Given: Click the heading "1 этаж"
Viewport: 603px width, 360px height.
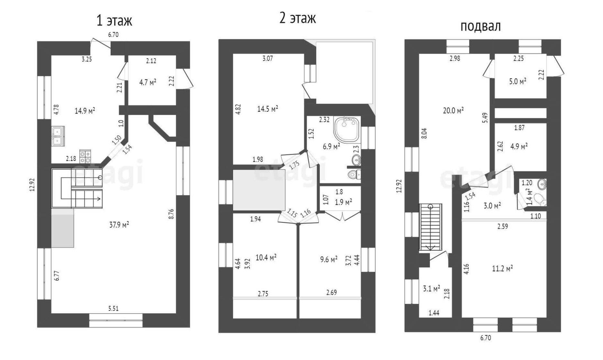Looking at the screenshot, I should tap(114, 20).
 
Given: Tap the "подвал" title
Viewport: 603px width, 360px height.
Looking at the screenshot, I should tap(480, 26).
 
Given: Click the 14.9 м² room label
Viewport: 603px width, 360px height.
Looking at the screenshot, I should tap(84, 111).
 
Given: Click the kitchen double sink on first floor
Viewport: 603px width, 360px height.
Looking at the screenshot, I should tap(58, 136).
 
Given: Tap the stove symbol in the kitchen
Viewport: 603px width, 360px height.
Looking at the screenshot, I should tap(85, 156).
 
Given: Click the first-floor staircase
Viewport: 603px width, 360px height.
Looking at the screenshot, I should tap(77, 188).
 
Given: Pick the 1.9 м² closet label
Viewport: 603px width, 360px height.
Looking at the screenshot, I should tap(343, 202).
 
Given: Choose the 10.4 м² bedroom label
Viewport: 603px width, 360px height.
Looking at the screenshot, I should tap(266, 257).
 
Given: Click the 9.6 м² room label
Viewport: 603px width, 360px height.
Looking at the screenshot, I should tap(329, 259).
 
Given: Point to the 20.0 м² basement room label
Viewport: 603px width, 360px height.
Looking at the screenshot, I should tap(453, 110).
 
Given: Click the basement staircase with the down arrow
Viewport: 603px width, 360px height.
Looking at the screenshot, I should tap(430, 227).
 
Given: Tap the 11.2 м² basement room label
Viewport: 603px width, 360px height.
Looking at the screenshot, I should tap(502, 268).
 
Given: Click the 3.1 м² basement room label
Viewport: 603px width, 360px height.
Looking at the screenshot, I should tap(431, 289).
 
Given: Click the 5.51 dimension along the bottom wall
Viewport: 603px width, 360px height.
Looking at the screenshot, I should tap(113, 308).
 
